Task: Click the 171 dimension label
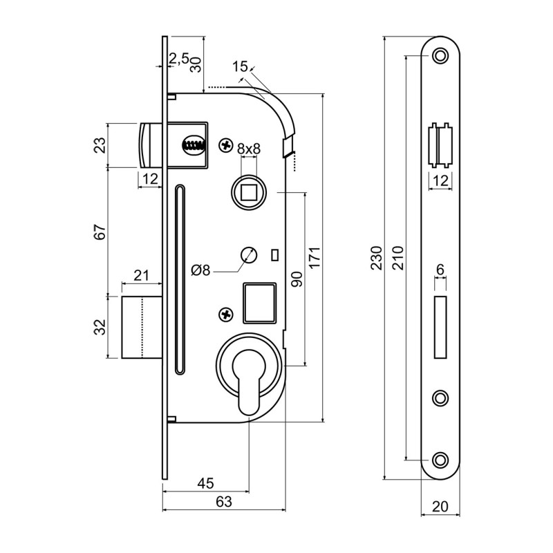click(315, 257)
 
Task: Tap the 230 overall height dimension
click(376, 258)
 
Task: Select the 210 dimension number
click(397, 258)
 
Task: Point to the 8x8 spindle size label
click(249, 149)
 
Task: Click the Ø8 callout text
click(200, 270)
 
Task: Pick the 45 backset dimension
click(205, 483)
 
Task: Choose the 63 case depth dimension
click(224, 502)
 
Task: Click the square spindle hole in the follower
click(249, 193)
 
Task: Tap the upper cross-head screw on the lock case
click(227, 144)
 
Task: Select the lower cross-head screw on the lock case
click(227, 315)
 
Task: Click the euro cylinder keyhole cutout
click(249, 381)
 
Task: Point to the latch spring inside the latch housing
click(193, 144)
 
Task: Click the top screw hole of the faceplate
click(440, 56)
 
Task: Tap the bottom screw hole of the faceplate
click(440, 460)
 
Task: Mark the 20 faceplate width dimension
click(440, 507)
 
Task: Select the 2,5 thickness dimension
click(179, 59)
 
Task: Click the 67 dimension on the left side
click(100, 232)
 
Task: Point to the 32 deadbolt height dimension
click(100, 327)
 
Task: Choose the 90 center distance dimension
click(297, 279)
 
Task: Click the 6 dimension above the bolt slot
click(440, 270)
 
